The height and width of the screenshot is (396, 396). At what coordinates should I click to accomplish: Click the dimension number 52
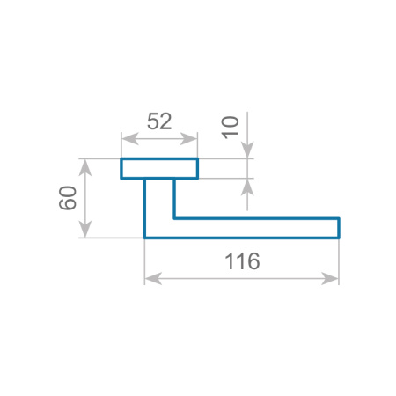point(159,121)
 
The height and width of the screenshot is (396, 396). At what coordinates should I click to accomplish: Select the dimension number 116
point(242,261)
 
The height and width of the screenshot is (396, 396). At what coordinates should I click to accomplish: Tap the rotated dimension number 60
point(68,198)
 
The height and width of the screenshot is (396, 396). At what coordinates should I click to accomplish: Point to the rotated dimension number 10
point(230,128)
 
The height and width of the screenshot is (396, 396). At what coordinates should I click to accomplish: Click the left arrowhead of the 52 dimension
point(130,138)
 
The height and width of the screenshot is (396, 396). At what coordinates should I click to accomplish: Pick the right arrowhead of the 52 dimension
point(188,138)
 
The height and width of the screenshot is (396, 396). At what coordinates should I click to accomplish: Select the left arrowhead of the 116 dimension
point(153,278)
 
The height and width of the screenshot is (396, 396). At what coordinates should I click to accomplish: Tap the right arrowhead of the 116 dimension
point(330,278)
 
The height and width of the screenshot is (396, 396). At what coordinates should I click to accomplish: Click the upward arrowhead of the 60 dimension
point(85,168)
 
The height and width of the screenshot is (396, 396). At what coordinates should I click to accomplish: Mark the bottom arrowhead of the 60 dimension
point(85,229)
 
